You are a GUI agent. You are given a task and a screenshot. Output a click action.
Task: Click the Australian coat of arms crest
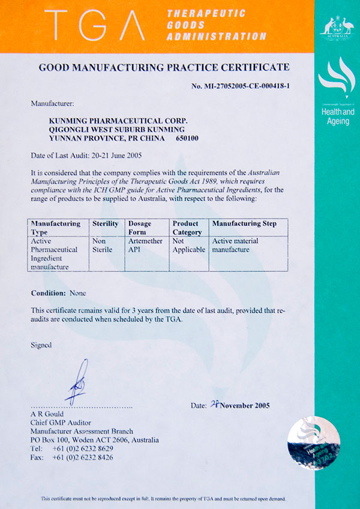click(x=337, y=27)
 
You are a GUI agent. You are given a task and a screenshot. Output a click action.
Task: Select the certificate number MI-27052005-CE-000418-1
click(x=241, y=86)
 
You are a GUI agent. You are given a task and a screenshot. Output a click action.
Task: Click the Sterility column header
click(x=106, y=224)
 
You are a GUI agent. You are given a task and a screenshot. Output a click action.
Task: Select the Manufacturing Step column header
click(x=245, y=224)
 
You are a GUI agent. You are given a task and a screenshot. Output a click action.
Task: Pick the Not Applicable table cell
click(x=188, y=245)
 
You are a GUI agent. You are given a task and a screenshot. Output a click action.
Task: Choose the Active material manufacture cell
click(x=240, y=245)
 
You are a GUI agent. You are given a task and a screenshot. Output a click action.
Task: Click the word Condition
click(x=49, y=293)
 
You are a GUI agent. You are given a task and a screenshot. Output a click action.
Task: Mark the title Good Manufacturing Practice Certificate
click(x=164, y=67)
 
